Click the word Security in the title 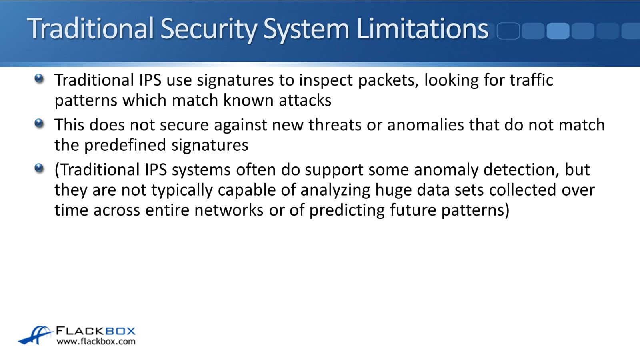click(x=209, y=30)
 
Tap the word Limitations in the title click(x=423, y=28)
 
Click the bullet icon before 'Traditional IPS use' click(x=39, y=78)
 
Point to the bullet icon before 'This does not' click(x=39, y=124)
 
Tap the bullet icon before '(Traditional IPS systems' click(x=39, y=168)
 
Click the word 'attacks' click(x=305, y=100)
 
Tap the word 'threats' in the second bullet click(x=335, y=125)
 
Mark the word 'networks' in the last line click(x=229, y=210)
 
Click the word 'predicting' click(x=347, y=211)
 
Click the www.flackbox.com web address click(x=96, y=342)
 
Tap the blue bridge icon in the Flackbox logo click(x=36, y=335)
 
